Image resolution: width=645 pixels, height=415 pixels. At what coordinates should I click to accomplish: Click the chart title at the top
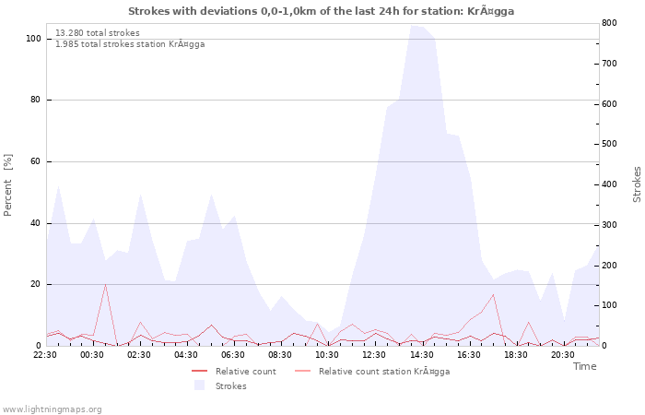pyautogui.click(x=322, y=11)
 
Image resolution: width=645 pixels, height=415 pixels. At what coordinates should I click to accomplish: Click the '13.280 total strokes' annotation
pyautogui.click(x=98, y=33)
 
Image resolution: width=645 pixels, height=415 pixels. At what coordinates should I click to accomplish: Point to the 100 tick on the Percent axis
pyautogui.click(x=33, y=39)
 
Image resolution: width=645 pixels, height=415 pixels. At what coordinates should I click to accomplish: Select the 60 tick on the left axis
pyautogui.click(x=35, y=161)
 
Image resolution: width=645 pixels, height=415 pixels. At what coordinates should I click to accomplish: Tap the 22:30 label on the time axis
pyautogui.click(x=45, y=354)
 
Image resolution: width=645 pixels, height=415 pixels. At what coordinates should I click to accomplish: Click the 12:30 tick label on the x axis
pyautogui.click(x=374, y=354)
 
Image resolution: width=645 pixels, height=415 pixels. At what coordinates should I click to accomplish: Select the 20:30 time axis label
pyautogui.click(x=562, y=354)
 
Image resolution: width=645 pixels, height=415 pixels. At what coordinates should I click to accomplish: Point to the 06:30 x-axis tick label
pyautogui.click(x=233, y=354)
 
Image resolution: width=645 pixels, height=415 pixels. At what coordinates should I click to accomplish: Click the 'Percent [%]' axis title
pyautogui.click(x=8, y=184)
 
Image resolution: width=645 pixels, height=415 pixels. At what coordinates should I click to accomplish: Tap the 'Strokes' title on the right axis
pyautogui.click(x=637, y=184)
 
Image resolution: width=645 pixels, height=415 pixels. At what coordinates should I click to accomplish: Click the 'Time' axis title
pyautogui.click(x=584, y=366)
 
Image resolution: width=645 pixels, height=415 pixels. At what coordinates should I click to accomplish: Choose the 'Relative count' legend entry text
pyautogui.click(x=245, y=372)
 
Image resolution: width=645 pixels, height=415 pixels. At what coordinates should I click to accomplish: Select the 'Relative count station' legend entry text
pyautogui.click(x=383, y=372)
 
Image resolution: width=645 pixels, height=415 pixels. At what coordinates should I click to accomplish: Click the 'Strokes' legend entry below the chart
pyautogui.click(x=230, y=385)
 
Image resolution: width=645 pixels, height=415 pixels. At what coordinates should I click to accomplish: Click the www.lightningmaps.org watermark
pyautogui.click(x=52, y=409)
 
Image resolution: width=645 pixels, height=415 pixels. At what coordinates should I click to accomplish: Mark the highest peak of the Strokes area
pyautogui.click(x=416, y=26)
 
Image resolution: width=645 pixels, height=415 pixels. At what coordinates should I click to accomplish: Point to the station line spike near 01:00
pyautogui.click(x=105, y=284)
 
